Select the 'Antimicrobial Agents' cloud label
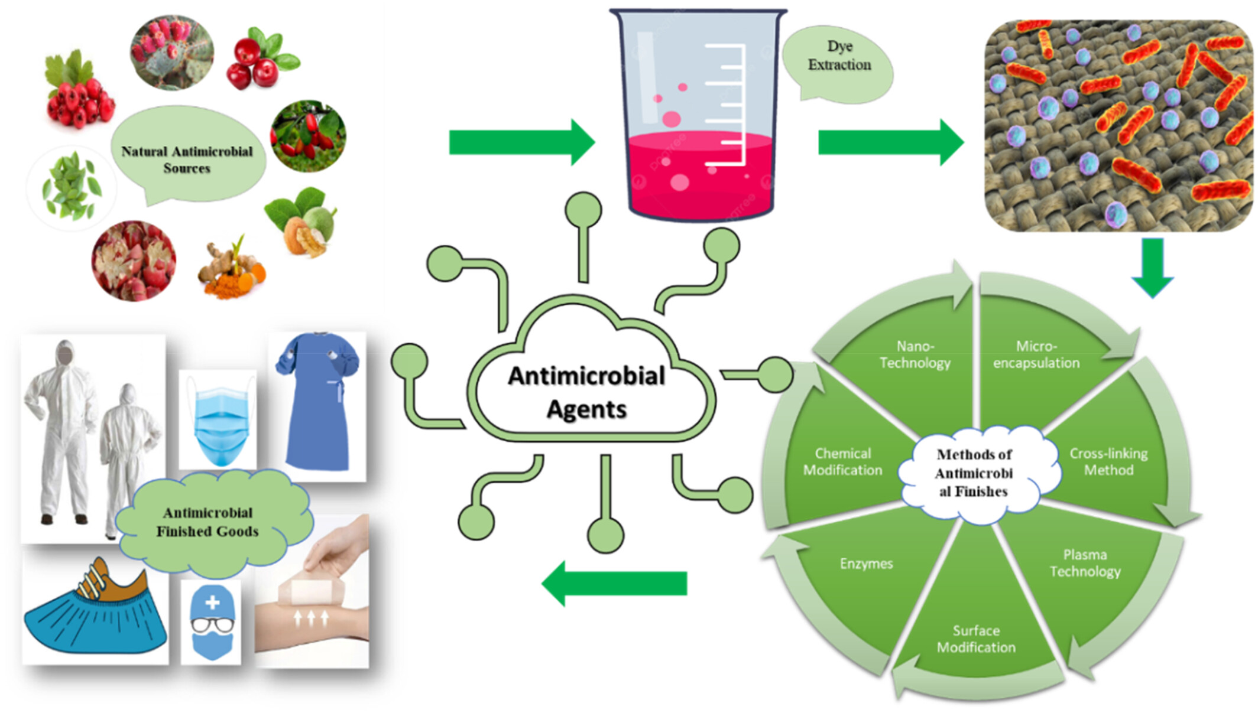click(x=586, y=392)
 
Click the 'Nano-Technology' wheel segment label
click(x=915, y=354)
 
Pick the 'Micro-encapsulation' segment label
click(x=1036, y=354)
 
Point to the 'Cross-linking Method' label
click(x=1108, y=461)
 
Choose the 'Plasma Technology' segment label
click(x=1085, y=563)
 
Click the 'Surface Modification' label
click(x=976, y=639)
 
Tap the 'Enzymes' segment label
click(x=866, y=564)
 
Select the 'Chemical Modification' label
click(x=842, y=461)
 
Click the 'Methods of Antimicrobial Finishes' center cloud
click(x=974, y=473)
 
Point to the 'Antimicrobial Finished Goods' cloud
click(x=207, y=522)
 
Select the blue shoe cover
click(x=95, y=620)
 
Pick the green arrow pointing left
click(x=615, y=583)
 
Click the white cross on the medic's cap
click(x=212, y=603)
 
